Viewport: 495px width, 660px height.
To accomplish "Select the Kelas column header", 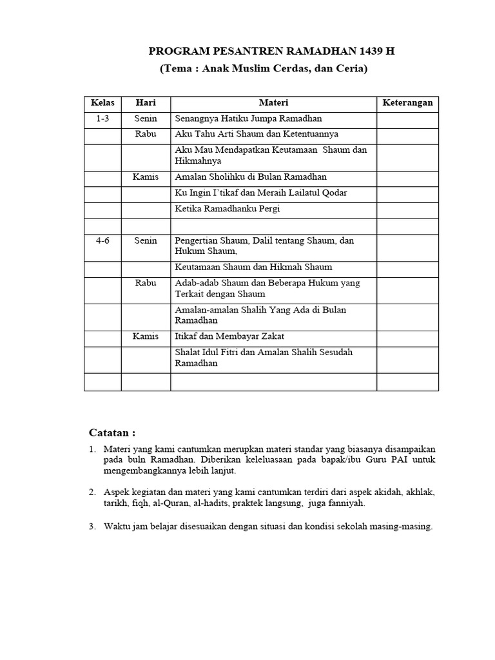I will pyautogui.click(x=102, y=103).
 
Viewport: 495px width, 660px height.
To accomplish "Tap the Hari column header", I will pyautogui.click(x=146, y=103).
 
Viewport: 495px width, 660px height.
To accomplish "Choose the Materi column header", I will pyautogui.click(x=273, y=103).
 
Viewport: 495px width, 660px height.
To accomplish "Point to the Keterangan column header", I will pyautogui.click(x=407, y=103).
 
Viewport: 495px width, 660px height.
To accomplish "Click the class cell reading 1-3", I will pyautogui.click(x=102, y=119).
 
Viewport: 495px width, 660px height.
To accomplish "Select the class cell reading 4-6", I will pyautogui.click(x=102, y=240).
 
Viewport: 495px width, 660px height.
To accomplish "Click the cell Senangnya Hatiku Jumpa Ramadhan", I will pyautogui.click(x=248, y=119).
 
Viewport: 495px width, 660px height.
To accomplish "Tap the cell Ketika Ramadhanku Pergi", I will pyautogui.click(x=228, y=209).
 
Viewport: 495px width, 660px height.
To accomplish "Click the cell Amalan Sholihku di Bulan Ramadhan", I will pyautogui.click(x=251, y=177).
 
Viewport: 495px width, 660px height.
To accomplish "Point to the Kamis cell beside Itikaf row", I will pyautogui.click(x=146, y=336).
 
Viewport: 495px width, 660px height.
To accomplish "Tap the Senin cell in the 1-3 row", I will pyautogui.click(x=146, y=119).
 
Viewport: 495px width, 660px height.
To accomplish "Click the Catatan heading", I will pyautogui.click(x=112, y=432).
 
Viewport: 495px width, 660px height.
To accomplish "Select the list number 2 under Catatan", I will pyautogui.click(x=92, y=492).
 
